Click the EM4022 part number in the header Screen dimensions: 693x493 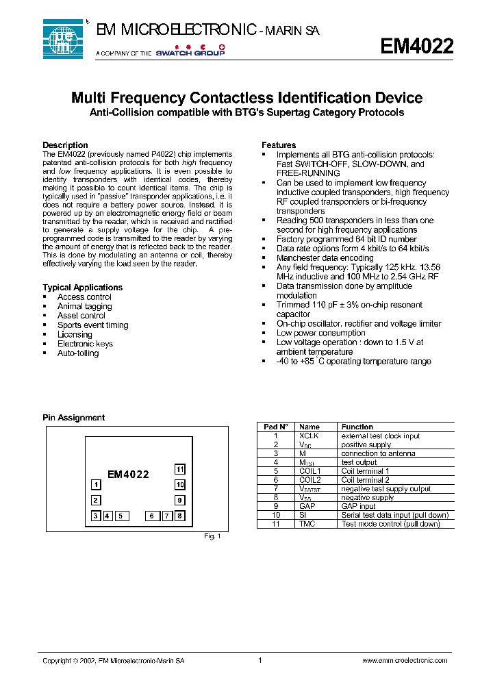pyautogui.click(x=416, y=46)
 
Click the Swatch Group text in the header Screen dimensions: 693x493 pyautogui.click(x=190, y=53)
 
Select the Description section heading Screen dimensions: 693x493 pyautogui.click(x=65, y=145)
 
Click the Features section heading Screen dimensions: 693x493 pyautogui.click(x=279, y=145)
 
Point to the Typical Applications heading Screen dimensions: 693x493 pyautogui.click(x=82, y=288)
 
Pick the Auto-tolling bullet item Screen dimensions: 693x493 pyautogui.click(x=78, y=353)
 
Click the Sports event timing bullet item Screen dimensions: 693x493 pyautogui.click(x=92, y=325)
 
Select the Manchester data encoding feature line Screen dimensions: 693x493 pyautogui.click(x=325, y=258)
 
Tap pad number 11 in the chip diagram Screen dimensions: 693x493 pyautogui.click(x=179, y=469)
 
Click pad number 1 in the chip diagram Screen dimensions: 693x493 pyautogui.click(x=97, y=485)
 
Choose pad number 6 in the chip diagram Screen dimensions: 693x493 pyautogui.click(x=151, y=516)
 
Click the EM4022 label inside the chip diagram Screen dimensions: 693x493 pyautogui.click(x=128, y=474)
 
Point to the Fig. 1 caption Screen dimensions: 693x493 pyautogui.click(x=212, y=536)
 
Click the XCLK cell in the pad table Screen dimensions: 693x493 pyautogui.click(x=309, y=436)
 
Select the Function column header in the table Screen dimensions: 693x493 pyautogui.click(x=357, y=427)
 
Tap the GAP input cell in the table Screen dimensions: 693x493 pyautogui.click(x=358, y=506)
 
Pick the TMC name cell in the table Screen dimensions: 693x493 pyautogui.click(x=307, y=524)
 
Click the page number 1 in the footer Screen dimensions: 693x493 pyautogui.click(x=260, y=660)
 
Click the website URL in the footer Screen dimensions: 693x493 pyautogui.click(x=404, y=660)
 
